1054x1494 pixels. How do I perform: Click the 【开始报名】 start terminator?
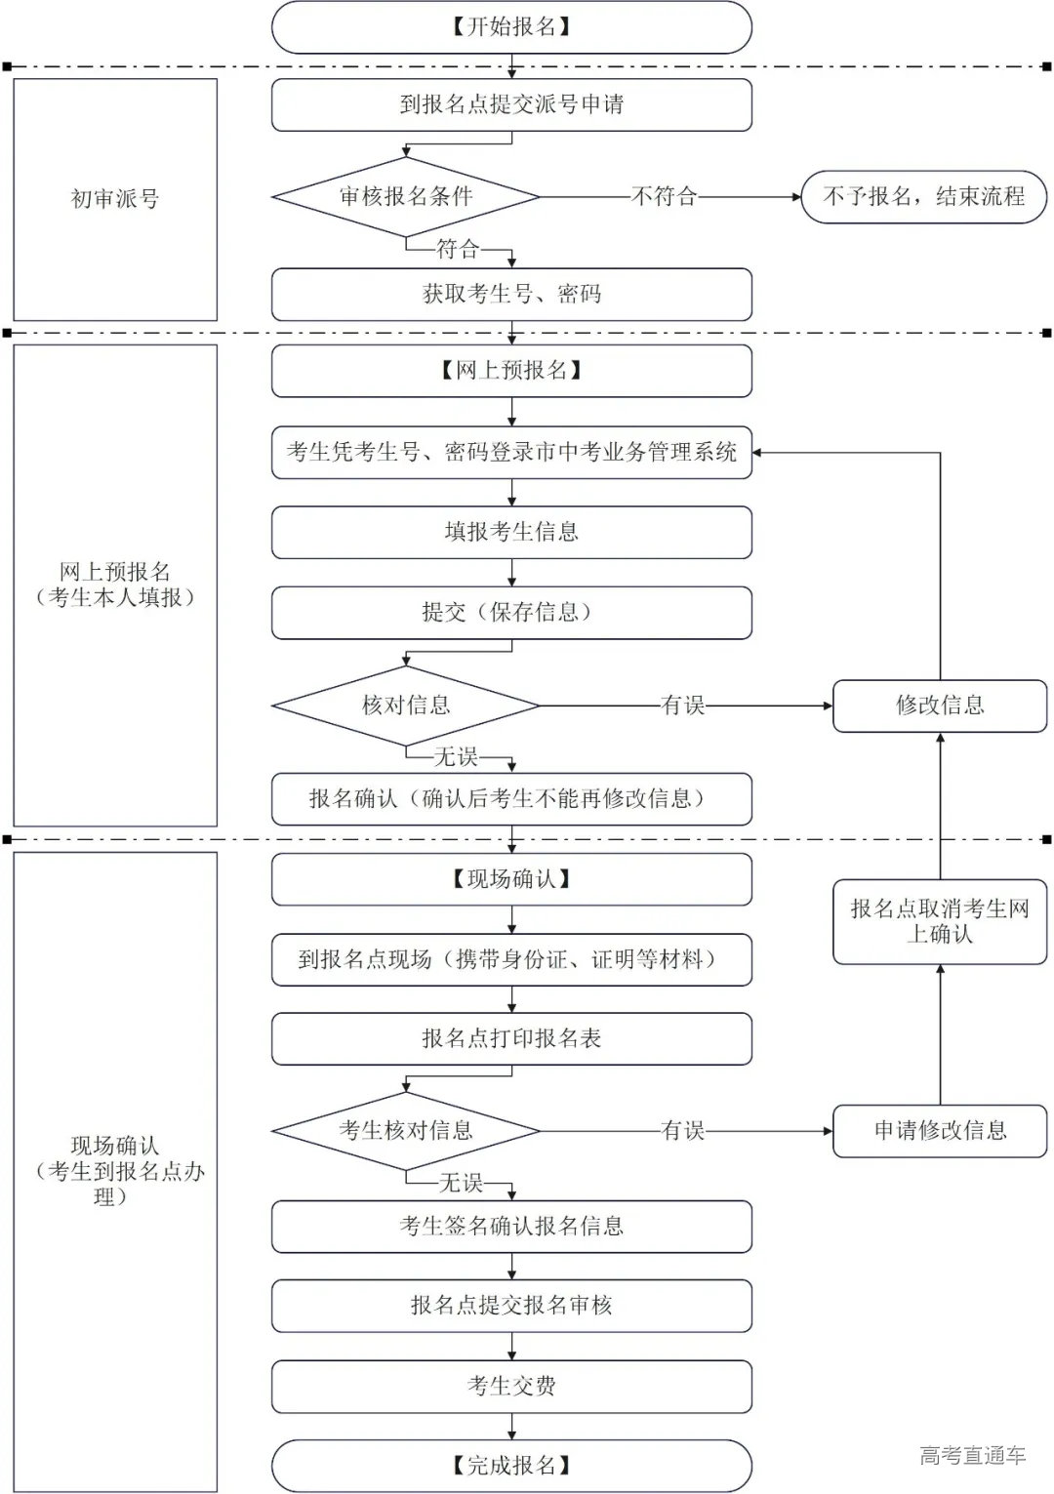511,27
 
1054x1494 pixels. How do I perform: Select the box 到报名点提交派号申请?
511,104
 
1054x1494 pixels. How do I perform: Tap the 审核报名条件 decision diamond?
405,196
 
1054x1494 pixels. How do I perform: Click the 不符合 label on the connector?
665,196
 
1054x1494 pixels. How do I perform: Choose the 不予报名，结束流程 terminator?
923,196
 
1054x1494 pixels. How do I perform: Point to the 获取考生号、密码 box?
511,294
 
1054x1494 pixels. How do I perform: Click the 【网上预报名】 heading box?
511,371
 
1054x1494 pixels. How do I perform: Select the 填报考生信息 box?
511,532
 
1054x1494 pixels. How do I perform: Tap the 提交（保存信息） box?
511,612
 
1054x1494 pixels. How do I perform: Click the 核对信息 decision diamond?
405,705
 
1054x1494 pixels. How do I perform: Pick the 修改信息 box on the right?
939,705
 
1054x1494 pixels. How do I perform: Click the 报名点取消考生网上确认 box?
939,921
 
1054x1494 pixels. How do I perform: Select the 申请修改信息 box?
939,1130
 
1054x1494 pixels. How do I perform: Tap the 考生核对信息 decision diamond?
405,1130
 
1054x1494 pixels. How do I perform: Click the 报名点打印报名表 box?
511,1038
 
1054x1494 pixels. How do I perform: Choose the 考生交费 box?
511,1386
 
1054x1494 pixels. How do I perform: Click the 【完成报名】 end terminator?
511,1465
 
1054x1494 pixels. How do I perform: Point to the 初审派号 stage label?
115,199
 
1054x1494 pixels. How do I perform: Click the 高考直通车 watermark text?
972,1455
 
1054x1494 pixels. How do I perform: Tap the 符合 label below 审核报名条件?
458,249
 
